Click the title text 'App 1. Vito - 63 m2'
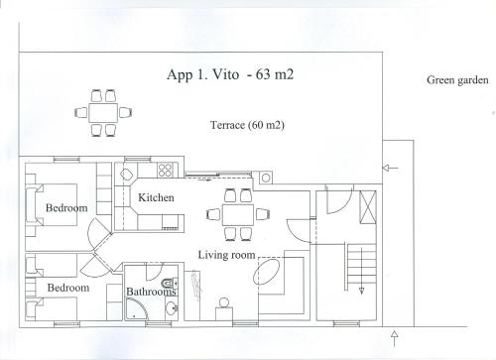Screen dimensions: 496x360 [x=230, y=74]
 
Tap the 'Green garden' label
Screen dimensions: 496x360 [x=457, y=80]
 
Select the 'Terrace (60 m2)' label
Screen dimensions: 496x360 [x=247, y=125]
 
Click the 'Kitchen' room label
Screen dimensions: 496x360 [x=156, y=197]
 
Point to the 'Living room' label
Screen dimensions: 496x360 [x=226, y=255]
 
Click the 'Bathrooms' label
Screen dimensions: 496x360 [x=151, y=292]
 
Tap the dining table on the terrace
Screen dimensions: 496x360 [x=103, y=112]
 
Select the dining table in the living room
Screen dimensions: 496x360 [x=238, y=214]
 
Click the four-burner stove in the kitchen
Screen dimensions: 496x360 [x=165, y=170]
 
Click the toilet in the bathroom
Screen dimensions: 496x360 [x=170, y=283]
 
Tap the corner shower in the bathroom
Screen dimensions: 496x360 [x=136, y=308]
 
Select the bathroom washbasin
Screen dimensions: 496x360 [x=172, y=308]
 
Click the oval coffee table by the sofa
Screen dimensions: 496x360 [x=267, y=272]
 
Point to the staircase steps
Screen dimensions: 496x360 [x=361, y=267]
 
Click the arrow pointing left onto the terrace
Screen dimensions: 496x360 [x=390, y=168]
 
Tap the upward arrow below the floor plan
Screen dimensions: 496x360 [x=394, y=338]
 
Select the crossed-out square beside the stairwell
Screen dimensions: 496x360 [x=368, y=207]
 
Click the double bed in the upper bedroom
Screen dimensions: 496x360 [x=56, y=205]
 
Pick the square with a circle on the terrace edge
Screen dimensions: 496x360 [x=266, y=178]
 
